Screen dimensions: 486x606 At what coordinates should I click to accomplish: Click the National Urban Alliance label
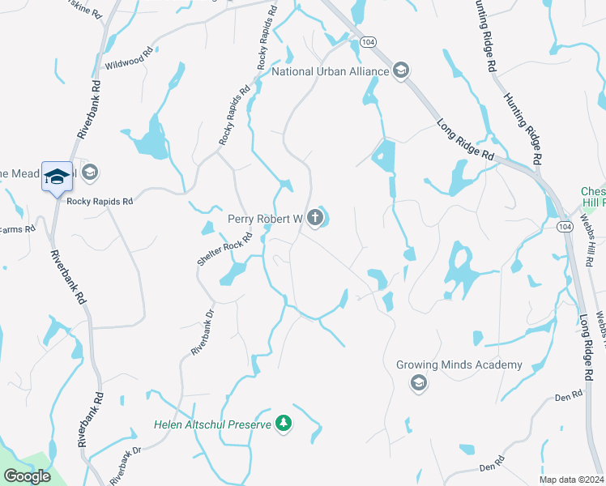click(x=330, y=72)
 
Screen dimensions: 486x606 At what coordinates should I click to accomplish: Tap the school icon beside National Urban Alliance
click(x=400, y=72)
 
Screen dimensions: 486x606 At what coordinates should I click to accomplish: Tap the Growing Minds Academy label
click(x=459, y=365)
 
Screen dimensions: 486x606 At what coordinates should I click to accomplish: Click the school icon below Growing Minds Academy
click(x=419, y=382)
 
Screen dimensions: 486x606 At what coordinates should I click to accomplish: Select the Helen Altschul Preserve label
click(x=213, y=424)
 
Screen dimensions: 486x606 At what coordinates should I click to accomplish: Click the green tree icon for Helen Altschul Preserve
click(x=283, y=424)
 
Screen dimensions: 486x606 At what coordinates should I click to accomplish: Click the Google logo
click(x=27, y=476)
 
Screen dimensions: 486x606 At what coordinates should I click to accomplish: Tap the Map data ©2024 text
click(x=571, y=480)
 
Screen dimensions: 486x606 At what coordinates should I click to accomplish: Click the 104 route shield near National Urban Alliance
click(x=368, y=40)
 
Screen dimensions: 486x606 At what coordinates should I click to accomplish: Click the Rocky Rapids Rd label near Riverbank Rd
click(x=100, y=201)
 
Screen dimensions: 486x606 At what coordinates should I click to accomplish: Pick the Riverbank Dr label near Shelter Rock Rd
click(x=202, y=331)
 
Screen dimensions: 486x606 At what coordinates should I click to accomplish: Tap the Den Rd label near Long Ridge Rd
click(x=570, y=396)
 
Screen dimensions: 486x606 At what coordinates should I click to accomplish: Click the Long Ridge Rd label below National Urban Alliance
click(x=465, y=140)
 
